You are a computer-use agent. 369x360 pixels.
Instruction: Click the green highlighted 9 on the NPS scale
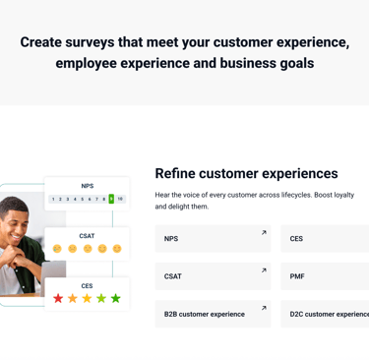click(x=111, y=199)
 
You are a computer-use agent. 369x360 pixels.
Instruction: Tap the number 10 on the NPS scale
click(x=120, y=199)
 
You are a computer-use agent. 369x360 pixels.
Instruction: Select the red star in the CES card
click(x=58, y=298)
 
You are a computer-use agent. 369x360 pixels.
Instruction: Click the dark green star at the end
click(x=116, y=298)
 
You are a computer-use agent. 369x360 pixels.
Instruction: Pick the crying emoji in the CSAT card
click(x=57, y=249)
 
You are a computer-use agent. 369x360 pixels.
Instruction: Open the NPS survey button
click(x=213, y=239)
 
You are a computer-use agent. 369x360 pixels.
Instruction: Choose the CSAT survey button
click(x=213, y=276)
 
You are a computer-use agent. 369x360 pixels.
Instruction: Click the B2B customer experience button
click(x=213, y=314)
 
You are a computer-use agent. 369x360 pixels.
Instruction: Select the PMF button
click(x=325, y=276)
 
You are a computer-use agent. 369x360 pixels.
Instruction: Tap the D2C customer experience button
click(x=325, y=314)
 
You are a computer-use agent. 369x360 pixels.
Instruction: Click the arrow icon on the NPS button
click(x=264, y=232)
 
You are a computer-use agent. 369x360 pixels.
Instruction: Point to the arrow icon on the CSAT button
click(x=264, y=270)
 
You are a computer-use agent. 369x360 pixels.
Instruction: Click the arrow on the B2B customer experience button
click(x=264, y=308)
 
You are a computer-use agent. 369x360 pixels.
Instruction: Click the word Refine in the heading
click(x=175, y=173)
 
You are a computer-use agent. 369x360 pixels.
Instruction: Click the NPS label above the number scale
click(x=88, y=186)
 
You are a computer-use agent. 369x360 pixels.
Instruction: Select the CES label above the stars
click(x=87, y=286)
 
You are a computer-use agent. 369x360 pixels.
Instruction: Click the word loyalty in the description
click(x=344, y=195)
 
